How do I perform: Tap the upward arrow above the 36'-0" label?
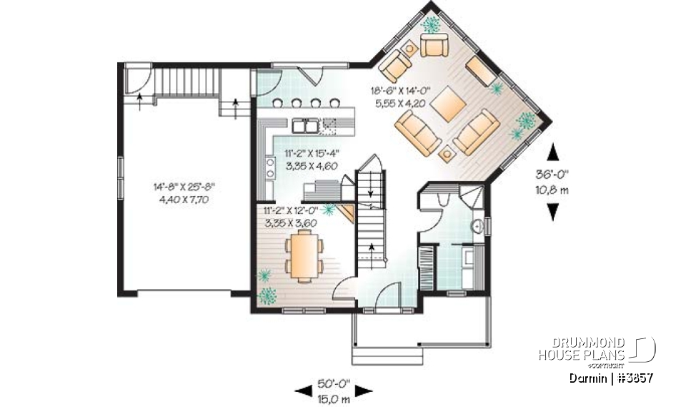pyautogui.click(x=552, y=152)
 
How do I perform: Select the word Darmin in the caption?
pyautogui.click(x=588, y=377)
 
